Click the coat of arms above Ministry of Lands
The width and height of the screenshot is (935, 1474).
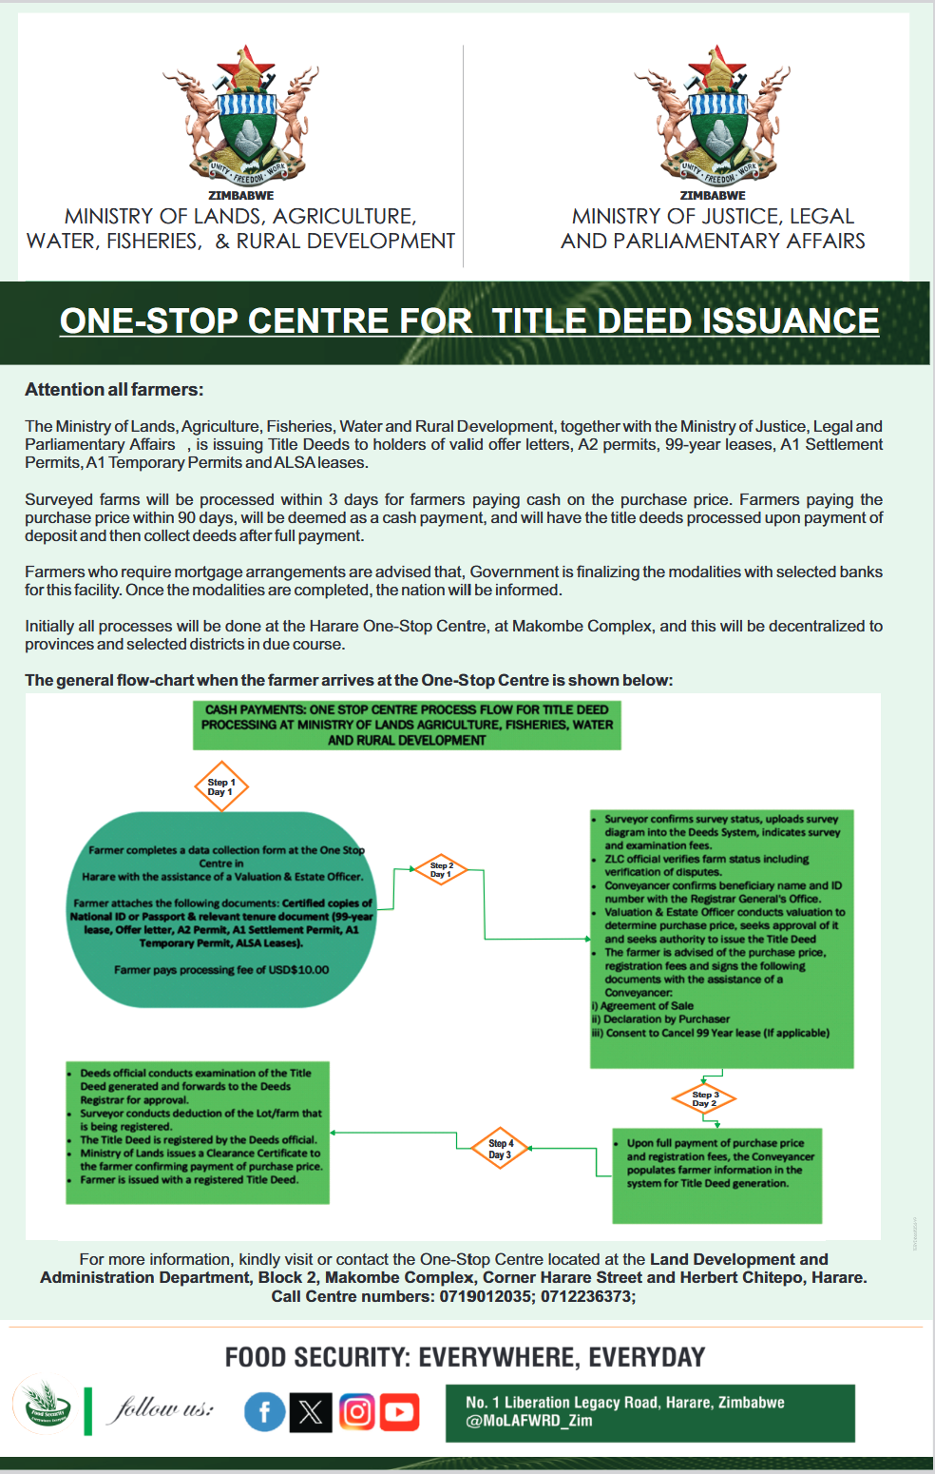coord(241,115)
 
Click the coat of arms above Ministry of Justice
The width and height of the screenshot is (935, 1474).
coord(713,115)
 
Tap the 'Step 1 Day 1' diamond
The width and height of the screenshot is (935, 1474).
coord(221,786)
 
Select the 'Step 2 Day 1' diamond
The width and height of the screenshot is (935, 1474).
coord(441,869)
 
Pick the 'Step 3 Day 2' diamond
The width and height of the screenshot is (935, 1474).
coord(704,1099)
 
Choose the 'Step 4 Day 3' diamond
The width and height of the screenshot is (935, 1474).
coord(500,1148)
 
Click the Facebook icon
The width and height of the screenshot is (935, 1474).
coord(265,1412)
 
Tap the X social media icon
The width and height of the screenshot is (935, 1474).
coord(311,1412)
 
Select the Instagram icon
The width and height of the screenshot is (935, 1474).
coord(356,1412)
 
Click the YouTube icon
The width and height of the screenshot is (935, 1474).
coord(400,1412)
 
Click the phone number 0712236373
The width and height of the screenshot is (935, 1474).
coord(586,1296)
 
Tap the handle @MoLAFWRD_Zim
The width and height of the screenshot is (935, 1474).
coord(529,1421)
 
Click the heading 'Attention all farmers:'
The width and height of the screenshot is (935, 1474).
coord(114,389)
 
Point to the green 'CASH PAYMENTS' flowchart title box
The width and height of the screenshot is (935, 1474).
coord(407,725)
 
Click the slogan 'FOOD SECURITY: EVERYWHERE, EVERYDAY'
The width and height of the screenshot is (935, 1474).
coord(466,1357)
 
